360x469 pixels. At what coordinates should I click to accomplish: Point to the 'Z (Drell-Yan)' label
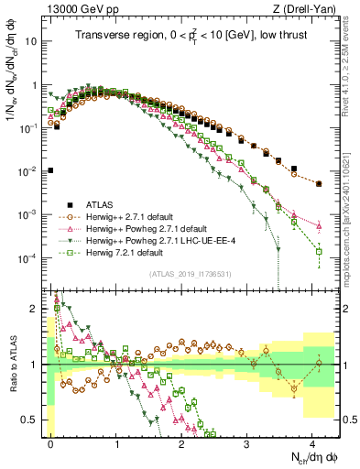pos(309,9)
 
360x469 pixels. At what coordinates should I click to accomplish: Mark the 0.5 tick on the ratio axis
pos(34,420)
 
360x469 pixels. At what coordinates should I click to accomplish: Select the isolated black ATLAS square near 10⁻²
pos(51,170)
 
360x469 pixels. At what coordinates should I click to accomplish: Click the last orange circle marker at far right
pos(319,183)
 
